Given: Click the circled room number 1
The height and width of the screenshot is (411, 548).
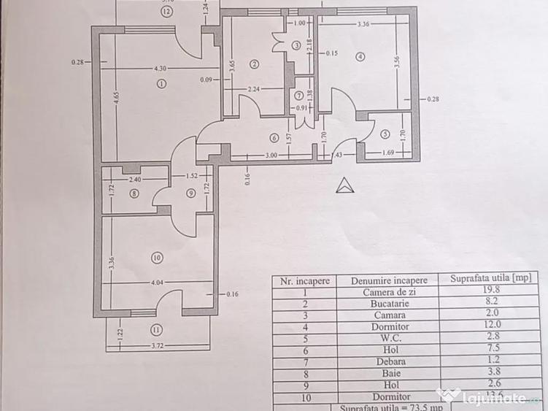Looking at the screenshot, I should point(161,83).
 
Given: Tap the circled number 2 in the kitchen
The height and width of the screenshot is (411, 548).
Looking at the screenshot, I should point(254,64).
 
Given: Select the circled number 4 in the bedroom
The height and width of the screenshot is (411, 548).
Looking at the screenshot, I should point(360,56).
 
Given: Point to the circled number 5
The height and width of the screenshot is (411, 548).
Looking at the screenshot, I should point(385,133).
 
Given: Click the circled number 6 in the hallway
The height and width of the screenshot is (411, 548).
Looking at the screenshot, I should point(274,137).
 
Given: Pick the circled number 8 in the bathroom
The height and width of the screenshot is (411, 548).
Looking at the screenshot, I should point(134,193).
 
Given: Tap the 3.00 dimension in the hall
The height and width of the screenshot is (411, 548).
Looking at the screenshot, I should point(270,155).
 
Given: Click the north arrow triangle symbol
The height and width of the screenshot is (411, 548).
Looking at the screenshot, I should point(344,185).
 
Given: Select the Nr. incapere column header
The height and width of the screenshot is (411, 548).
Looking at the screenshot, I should point(303,280).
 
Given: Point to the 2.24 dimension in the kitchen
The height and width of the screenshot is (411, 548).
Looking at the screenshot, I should point(253,89).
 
